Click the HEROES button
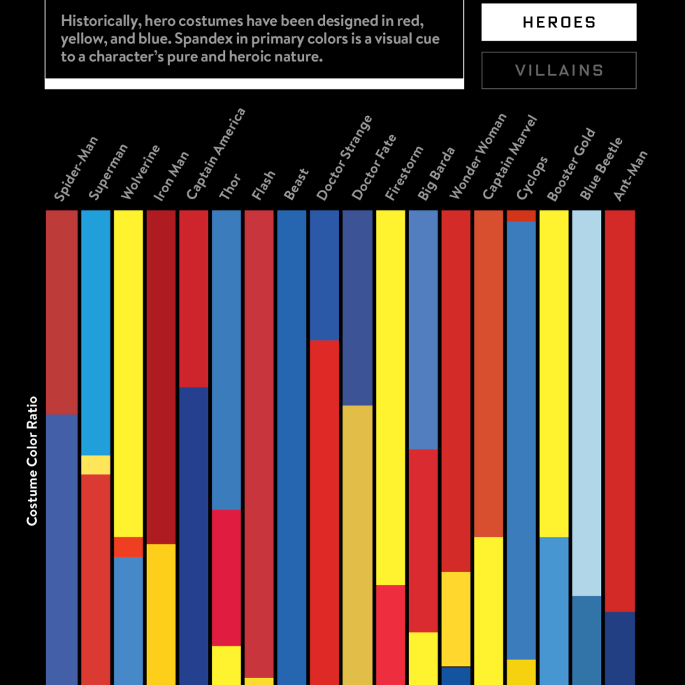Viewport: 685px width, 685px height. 558,22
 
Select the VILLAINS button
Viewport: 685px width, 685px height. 558,71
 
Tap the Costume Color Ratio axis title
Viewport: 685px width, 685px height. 31,461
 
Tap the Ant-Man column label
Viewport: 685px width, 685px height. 630,176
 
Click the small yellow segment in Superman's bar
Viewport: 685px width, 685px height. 96,465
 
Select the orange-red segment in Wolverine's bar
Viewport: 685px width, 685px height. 128,547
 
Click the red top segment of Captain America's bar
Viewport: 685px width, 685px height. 194,298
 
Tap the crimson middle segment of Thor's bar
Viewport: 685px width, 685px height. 226,577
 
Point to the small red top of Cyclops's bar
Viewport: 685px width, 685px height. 521,216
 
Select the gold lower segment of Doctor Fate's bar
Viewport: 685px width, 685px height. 357,545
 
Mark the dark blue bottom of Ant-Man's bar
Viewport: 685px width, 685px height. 620,648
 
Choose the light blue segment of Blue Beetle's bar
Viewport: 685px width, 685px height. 586,403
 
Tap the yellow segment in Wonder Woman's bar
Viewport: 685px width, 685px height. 456,619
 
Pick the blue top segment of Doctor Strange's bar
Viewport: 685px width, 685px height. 324,275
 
